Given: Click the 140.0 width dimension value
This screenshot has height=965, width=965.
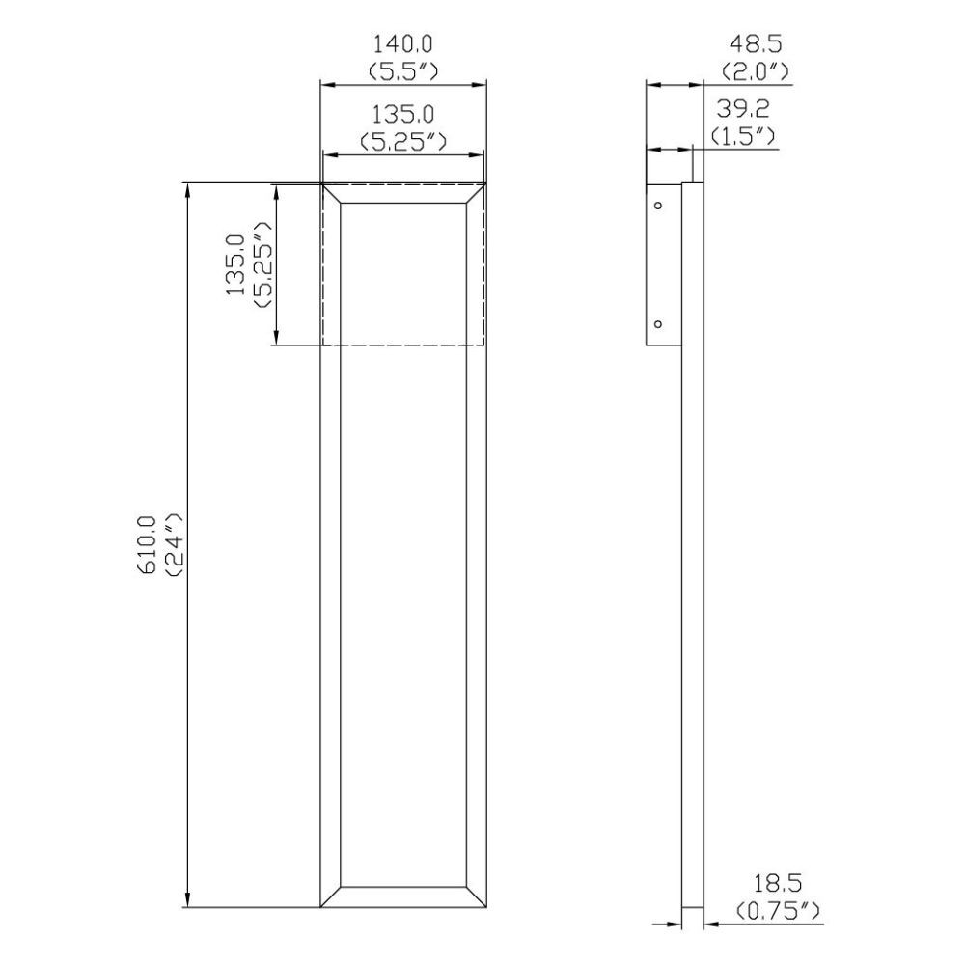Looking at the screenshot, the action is (403, 44).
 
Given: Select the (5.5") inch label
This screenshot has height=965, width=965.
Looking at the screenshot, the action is (403, 72).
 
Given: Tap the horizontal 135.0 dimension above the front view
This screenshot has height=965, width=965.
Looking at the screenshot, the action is (403, 115).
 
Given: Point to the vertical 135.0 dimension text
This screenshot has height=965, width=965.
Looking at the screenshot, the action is (235, 264).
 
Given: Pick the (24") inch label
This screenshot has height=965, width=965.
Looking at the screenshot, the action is (175, 545).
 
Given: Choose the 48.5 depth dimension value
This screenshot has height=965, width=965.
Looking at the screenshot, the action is (756, 44).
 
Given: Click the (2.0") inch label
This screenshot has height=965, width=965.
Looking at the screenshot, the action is (756, 72).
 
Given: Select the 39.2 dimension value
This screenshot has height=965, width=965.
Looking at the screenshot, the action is (743, 109).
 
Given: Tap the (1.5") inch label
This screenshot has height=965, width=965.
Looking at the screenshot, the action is (743, 136).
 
